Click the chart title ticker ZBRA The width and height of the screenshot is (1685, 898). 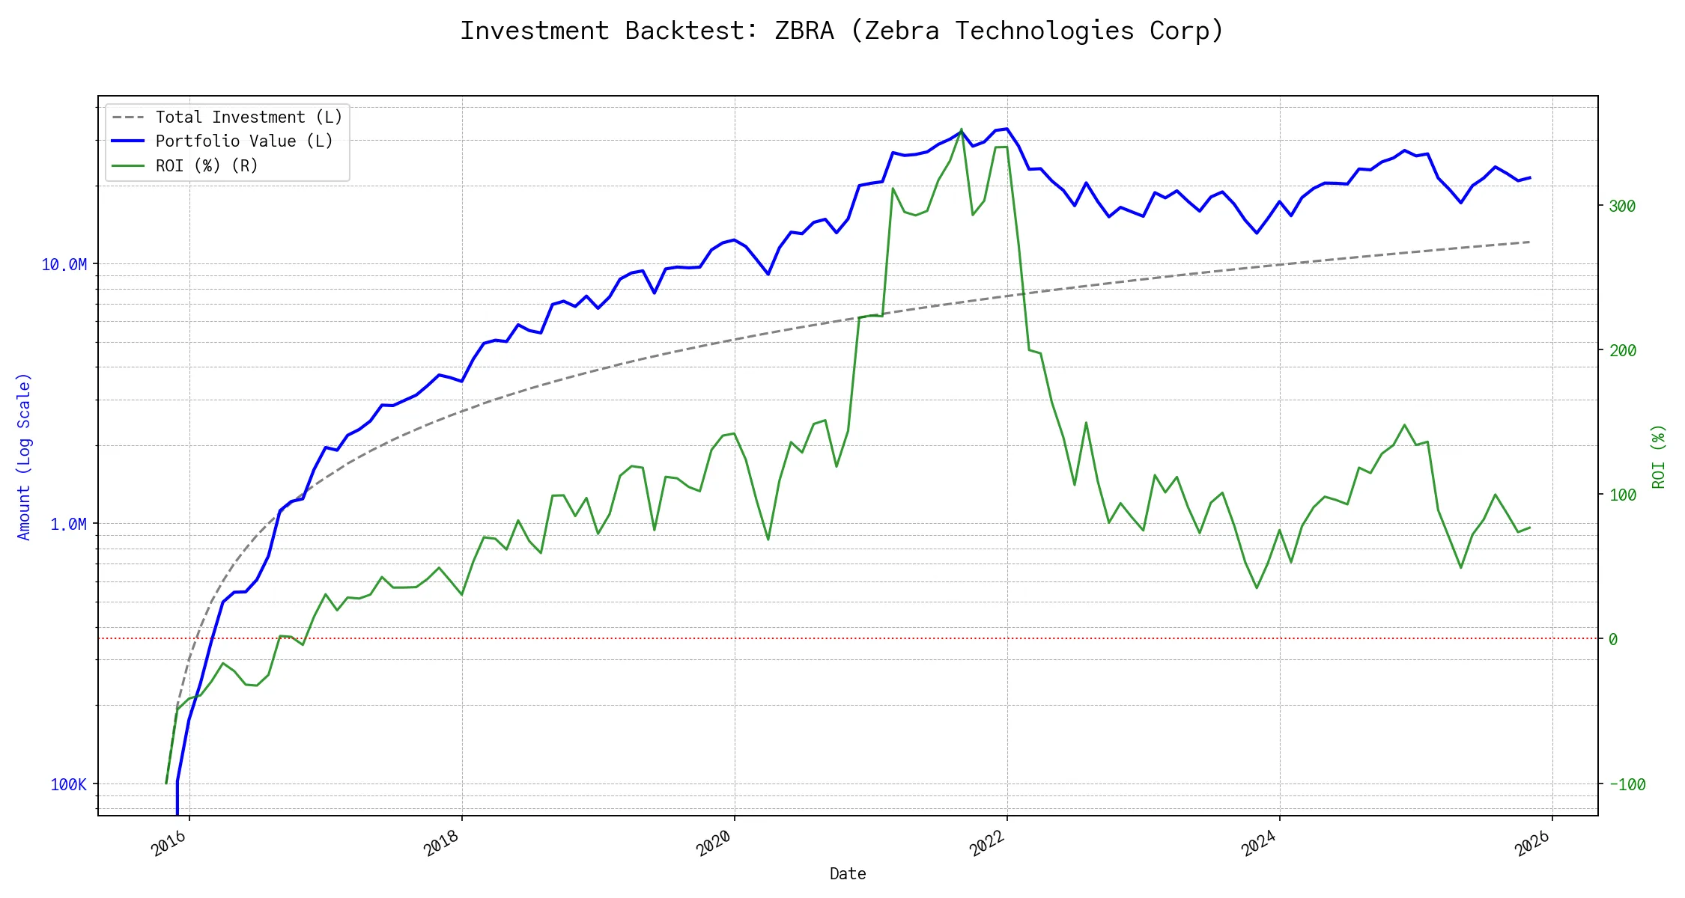(804, 31)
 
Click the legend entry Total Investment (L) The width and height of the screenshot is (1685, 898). (248, 117)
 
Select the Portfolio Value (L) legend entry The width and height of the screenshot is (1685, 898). (243, 141)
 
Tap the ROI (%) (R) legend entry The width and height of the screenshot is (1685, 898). (206, 165)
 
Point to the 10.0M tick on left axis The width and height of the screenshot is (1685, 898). (64, 264)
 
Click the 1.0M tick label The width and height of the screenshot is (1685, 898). (68, 524)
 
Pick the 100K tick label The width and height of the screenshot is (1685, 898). (68, 784)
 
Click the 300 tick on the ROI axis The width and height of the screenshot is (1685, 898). (1622, 206)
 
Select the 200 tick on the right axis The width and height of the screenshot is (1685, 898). (1622, 350)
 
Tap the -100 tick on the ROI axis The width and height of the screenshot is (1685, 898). (1627, 784)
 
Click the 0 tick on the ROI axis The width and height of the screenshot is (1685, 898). (1613, 639)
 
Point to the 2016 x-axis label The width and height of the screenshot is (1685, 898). (168, 844)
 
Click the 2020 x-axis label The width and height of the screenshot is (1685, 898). (713, 844)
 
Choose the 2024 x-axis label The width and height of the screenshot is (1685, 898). (1258, 844)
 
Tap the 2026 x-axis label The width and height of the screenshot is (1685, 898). (1531, 844)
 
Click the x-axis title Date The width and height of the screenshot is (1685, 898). (848, 873)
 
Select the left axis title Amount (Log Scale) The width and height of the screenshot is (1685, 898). (24, 456)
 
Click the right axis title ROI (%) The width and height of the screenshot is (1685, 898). (1658, 456)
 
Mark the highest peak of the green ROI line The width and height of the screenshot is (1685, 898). (962, 129)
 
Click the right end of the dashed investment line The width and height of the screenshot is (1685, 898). (1529, 242)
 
